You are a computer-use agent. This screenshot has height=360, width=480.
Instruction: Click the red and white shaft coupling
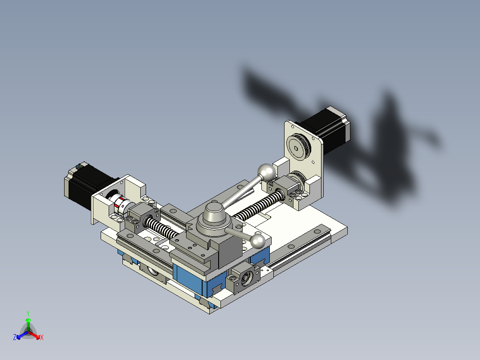click(x=120, y=205)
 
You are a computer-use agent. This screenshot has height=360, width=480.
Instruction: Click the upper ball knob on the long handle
click(x=266, y=172)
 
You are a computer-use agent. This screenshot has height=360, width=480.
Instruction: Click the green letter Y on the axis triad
click(x=28, y=313)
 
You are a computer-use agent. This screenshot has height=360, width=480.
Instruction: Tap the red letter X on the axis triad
click(x=42, y=338)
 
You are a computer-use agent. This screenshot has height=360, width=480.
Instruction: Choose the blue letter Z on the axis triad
click(x=15, y=338)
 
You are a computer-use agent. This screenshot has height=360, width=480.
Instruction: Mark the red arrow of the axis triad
click(x=36, y=335)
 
